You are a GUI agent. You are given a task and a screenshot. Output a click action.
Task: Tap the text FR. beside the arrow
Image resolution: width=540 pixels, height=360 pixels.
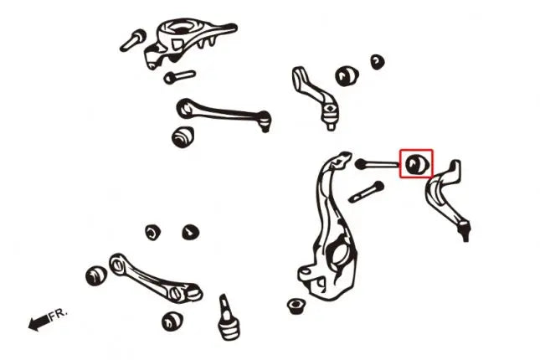pos(58,315)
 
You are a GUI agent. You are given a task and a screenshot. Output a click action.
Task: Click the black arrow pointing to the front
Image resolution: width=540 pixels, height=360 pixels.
pos(39,323)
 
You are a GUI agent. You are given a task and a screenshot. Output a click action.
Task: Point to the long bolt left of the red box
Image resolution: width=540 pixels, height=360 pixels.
pos(378,164)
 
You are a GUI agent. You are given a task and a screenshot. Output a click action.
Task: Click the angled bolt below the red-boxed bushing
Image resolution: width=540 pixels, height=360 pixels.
pos(367,192)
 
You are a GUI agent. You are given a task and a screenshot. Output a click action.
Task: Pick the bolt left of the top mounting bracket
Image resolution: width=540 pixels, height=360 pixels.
pos(133,40)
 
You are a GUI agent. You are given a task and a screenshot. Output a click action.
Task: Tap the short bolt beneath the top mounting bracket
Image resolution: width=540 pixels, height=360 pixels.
pos(179,77)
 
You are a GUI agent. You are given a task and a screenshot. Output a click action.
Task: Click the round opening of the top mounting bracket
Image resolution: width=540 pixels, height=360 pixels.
pos(180,28)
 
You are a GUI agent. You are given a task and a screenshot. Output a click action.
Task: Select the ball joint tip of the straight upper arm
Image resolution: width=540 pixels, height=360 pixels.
pos(265,121)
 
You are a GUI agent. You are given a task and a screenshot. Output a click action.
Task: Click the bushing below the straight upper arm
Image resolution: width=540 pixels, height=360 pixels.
pos(183,136)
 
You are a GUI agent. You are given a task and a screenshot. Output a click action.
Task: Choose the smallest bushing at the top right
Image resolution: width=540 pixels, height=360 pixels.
pos(378,62)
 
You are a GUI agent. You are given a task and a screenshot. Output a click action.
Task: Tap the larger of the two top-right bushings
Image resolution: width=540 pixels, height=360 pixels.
pos(347,76)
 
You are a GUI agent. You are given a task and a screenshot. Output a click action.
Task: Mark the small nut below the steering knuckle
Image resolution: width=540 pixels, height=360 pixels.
pos(296,306)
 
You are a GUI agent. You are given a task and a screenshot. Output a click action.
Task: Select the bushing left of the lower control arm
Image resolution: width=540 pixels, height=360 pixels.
pos(96,275)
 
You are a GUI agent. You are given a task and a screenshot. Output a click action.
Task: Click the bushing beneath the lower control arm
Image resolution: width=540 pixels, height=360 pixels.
pos(172,321)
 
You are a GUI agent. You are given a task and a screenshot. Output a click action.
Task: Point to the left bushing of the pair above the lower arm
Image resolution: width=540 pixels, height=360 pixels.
pos(152,233)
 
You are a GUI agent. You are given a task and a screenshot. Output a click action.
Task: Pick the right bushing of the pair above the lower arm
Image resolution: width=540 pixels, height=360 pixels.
pos(190,232)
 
